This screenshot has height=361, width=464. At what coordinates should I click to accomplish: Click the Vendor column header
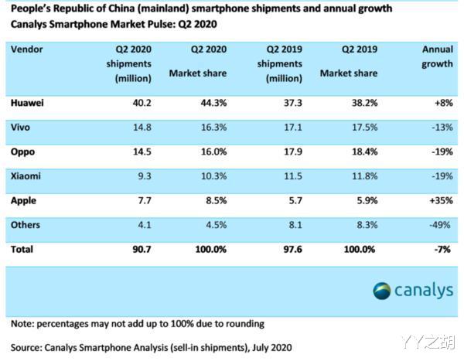[x=28, y=48]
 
